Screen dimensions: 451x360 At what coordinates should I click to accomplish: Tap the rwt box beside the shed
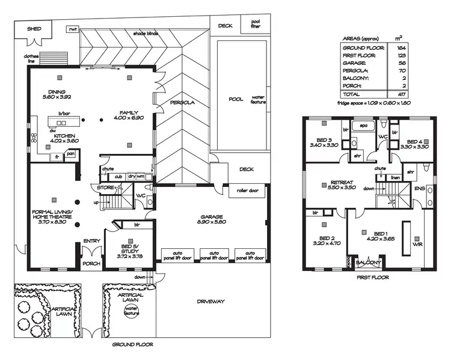click(x=73, y=28)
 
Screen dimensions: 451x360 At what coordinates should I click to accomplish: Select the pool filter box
click(x=251, y=25)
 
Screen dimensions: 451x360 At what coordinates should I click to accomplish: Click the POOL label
click(x=235, y=99)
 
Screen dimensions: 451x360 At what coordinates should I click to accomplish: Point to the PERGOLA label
click(x=182, y=102)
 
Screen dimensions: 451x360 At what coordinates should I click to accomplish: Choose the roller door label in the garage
click(x=244, y=191)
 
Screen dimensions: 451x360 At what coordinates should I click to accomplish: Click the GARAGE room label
click(x=211, y=216)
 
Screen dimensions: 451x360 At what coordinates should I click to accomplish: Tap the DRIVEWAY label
click(x=210, y=301)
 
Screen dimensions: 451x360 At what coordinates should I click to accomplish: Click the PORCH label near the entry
click(x=91, y=263)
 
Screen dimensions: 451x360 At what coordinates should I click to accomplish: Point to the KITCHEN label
click(x=64, y=136)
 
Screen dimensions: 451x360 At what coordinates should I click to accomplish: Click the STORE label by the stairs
click(x=106, y=188)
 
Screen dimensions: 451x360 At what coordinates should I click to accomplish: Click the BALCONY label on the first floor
click(x=368, y=263)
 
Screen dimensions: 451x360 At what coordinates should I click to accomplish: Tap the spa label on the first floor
click(x=363, y=126)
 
